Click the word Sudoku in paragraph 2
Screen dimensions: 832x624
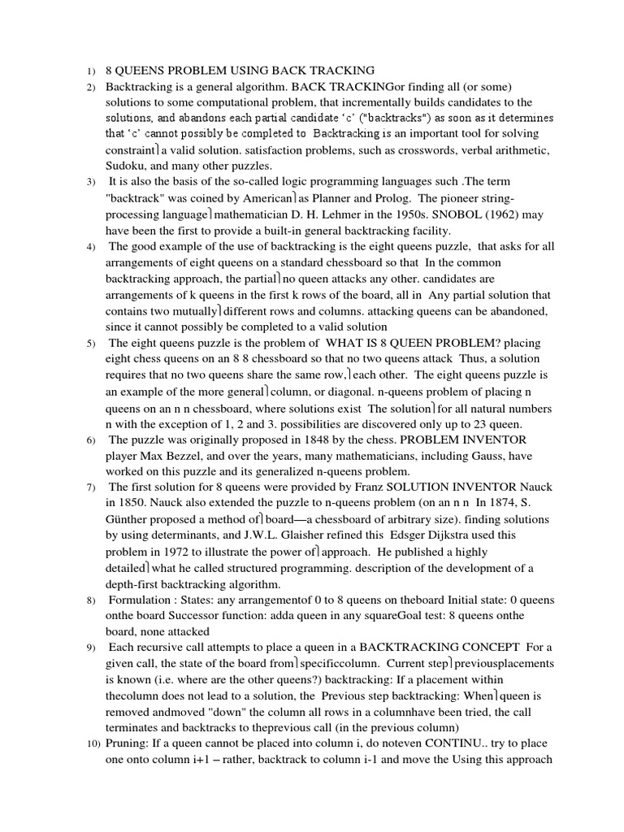point(124,165)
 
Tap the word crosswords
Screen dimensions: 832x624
point(423,149)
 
